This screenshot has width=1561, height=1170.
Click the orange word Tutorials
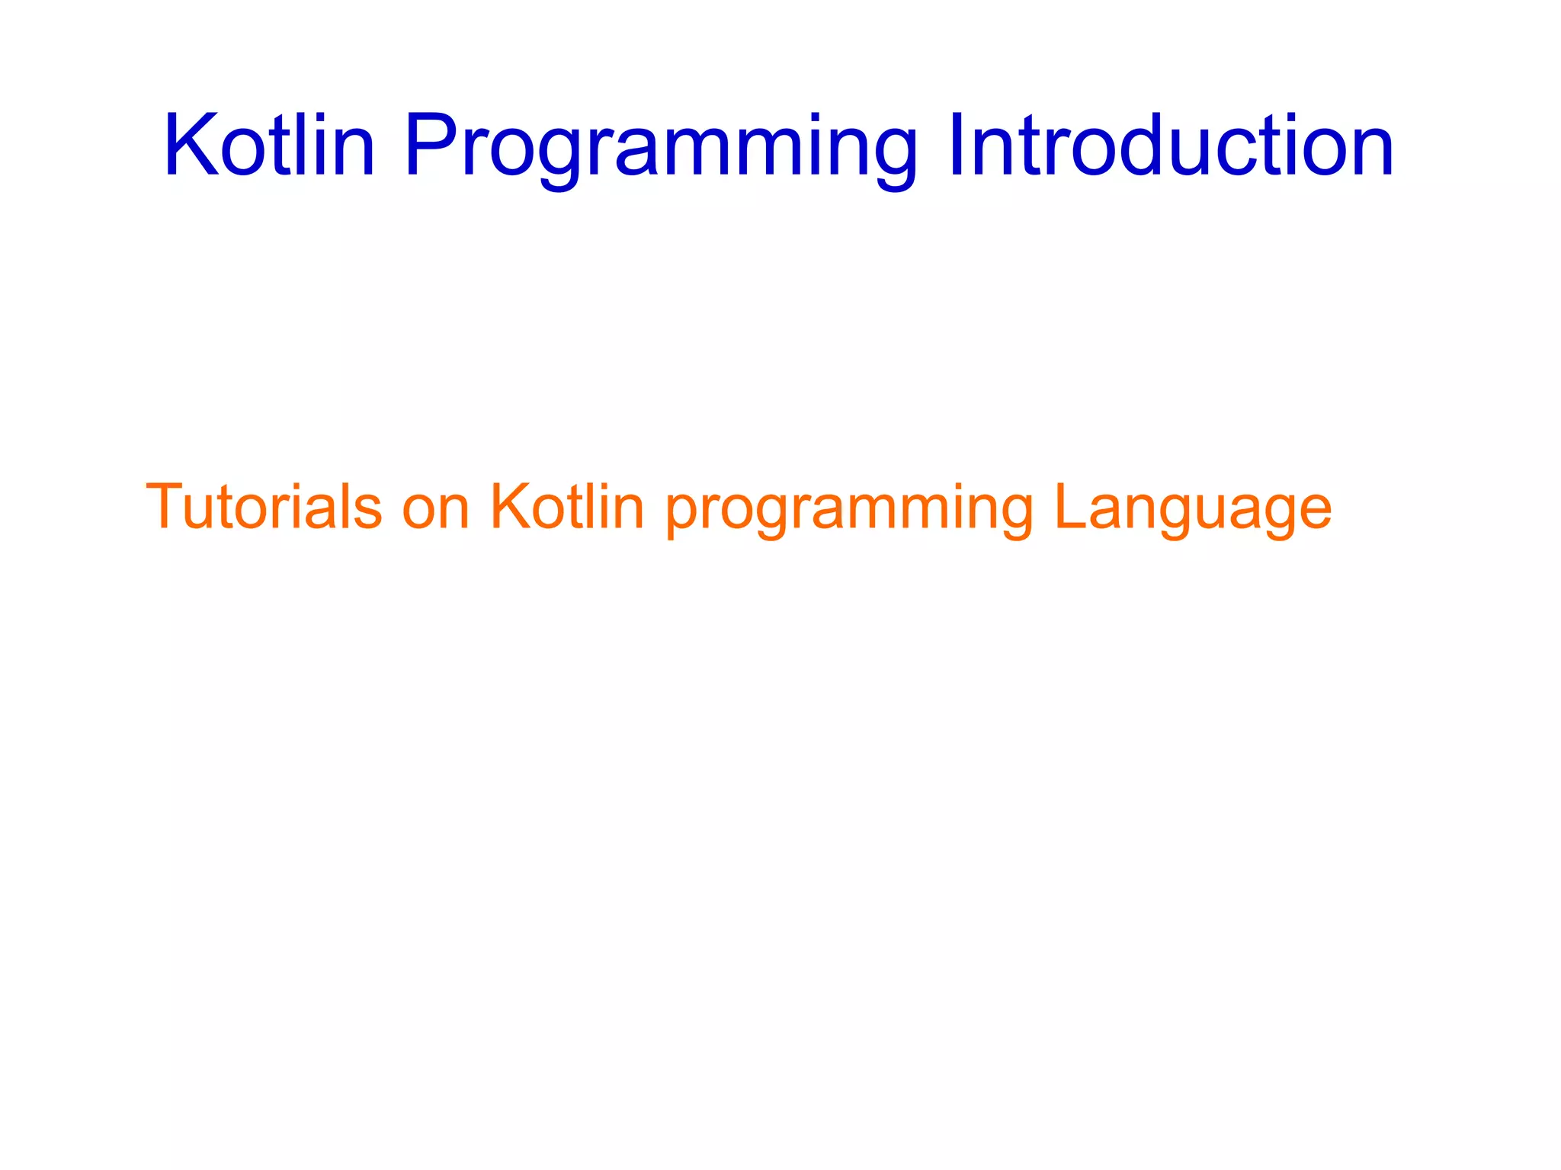pyautogui.click(x=264, y=507)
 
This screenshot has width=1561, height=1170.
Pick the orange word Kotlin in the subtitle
pyautogui.click(x=567, y=507)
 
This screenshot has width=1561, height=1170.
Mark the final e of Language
pyautogui.click(x=1314, y=512)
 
